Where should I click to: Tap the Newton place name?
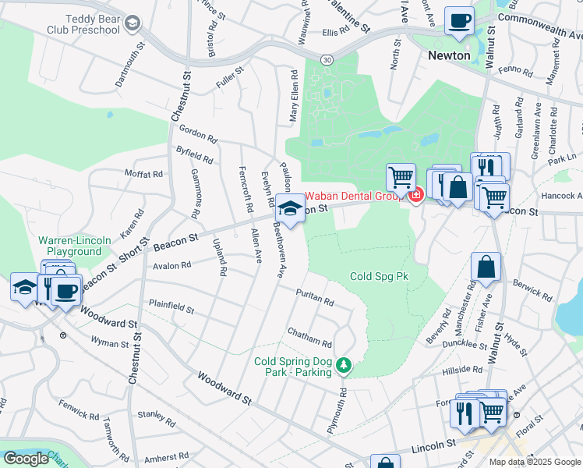pyautogui.click(x=449, y=55)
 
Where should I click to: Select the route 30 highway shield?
pyautogui.click(x=327, y=59)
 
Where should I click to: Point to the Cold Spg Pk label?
pyautogui.click(x=379, y=276)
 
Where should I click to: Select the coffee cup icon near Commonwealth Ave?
pyautogui.click(x=459, y=20)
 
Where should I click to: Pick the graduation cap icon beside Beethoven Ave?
pyautogui.click(x=291, y=210)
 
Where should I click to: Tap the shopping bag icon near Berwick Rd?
pyautogui.click(x=486, y=267)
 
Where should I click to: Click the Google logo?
pyautogui.click(x=26, y=459)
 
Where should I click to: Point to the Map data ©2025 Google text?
pyautogui.click(x=535, y=462)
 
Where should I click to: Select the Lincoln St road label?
pyautogui.click(x=433, y=444)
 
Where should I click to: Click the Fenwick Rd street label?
pyautogui.click(x=78, y=410)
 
